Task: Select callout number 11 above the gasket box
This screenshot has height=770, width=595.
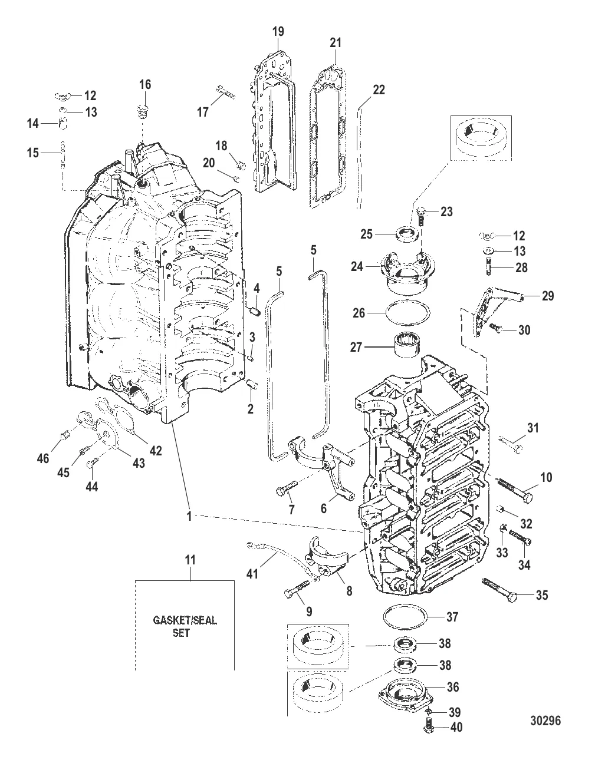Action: [x=190, y=560]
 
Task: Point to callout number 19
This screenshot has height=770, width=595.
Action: [x=278, y=32]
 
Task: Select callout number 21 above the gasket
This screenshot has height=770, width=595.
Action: [x=336, y=42]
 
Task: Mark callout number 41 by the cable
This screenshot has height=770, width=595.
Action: [x=252, y=574]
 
